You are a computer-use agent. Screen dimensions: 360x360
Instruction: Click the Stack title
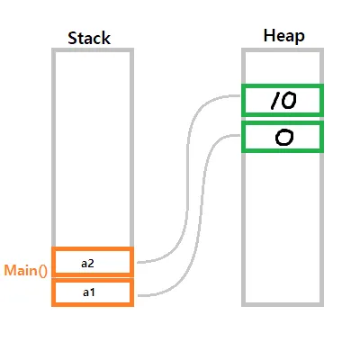89,38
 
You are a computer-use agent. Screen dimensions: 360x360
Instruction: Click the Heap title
284,37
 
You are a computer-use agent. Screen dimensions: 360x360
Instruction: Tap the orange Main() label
26,271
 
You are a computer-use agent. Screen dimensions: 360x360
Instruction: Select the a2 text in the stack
87,263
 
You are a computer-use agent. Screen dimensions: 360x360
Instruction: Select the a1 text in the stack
88,292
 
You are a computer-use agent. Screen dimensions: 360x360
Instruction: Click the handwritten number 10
283,101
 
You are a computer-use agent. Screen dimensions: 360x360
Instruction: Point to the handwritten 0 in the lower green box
283,138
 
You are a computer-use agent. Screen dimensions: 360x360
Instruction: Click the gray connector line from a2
187,180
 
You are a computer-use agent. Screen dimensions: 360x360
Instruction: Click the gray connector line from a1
204,216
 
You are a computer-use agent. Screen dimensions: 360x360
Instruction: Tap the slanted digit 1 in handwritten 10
274,101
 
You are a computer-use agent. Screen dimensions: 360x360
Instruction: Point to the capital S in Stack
72,38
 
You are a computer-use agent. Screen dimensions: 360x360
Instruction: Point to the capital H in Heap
269,35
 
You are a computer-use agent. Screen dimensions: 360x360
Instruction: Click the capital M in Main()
11,270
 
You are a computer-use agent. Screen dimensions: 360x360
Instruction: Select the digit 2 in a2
91,263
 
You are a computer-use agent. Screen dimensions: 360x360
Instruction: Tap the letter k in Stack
106,38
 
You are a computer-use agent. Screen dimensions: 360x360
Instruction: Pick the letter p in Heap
301,39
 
